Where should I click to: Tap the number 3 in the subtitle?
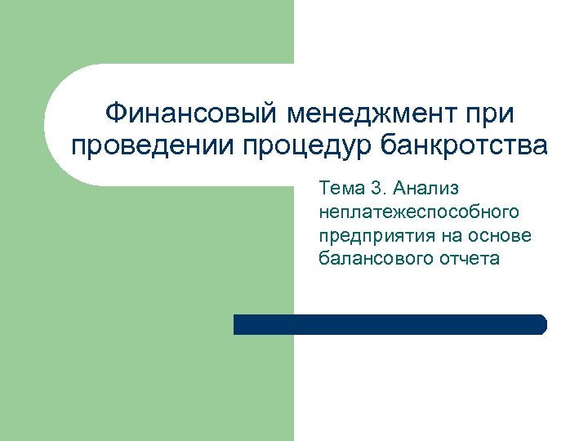click(x=376, y=189)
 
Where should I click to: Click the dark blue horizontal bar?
click(x=390, y=324)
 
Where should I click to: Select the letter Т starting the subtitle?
click(x=325, y=189)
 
